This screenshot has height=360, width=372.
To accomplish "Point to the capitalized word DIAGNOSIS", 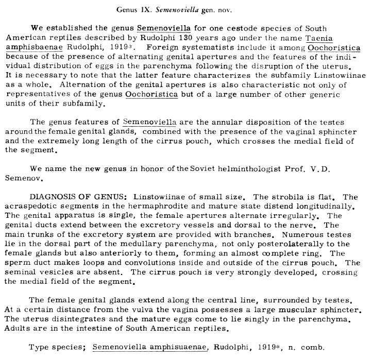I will coord(52,197).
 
